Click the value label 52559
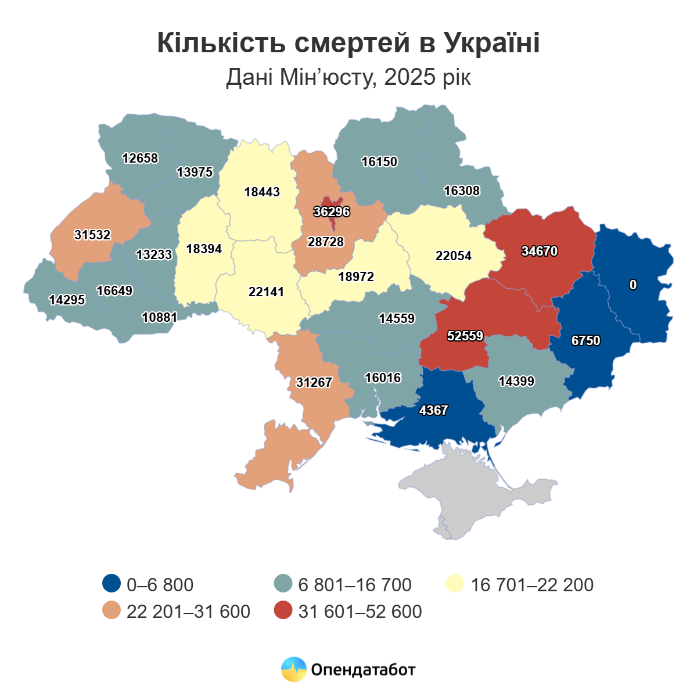click(465, 336)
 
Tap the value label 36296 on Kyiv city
click(332, 211)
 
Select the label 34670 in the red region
click(539, 251)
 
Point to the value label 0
click(633, 285)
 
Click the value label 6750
click(585, 340)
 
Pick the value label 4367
click(433, 410)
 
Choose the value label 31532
click(92, 235)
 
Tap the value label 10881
click(160, 317)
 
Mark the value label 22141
click(266, 292)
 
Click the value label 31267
click(314, 382)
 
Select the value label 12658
click(140, 158)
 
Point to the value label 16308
click(462, 191)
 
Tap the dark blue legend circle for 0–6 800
click(111, 584)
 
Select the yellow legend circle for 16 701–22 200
click(455, 584)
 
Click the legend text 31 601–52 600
click(360, 612)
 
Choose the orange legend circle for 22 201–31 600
click(111, 611)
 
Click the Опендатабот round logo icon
click(293, 669)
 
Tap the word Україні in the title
click(493, 44)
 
